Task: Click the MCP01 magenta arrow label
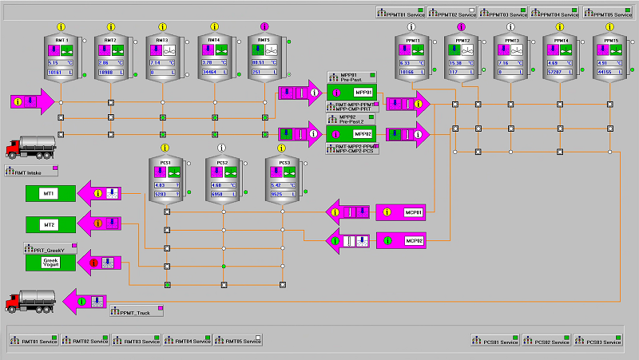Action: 413,212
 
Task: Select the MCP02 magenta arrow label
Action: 413,240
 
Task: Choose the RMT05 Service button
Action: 238,341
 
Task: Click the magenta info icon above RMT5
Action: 264,27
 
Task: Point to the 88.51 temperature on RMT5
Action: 260,61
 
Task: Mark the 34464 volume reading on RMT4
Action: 209,72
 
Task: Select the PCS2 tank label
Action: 223,162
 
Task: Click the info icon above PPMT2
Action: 461,27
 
